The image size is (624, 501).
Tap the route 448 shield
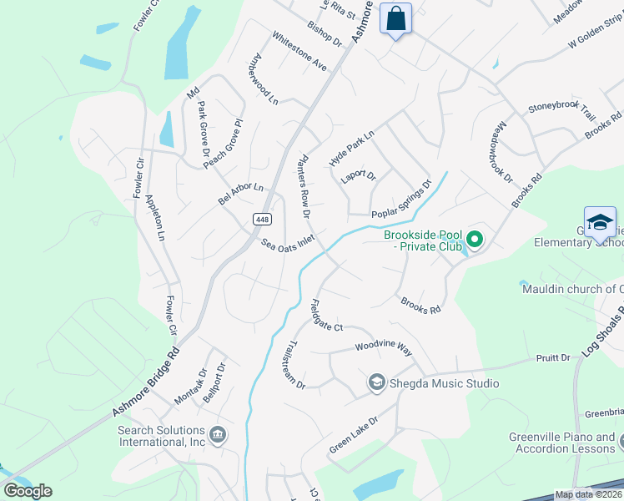pos(262,219)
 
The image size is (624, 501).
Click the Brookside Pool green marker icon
pos(475,240)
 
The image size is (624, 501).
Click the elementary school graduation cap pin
pos(600,223)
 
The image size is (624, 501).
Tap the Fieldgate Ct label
pos(326,316)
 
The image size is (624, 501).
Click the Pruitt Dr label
pos(553,357)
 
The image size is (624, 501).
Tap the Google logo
pos(28,490)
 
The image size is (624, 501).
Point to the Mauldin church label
pos(572,290)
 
